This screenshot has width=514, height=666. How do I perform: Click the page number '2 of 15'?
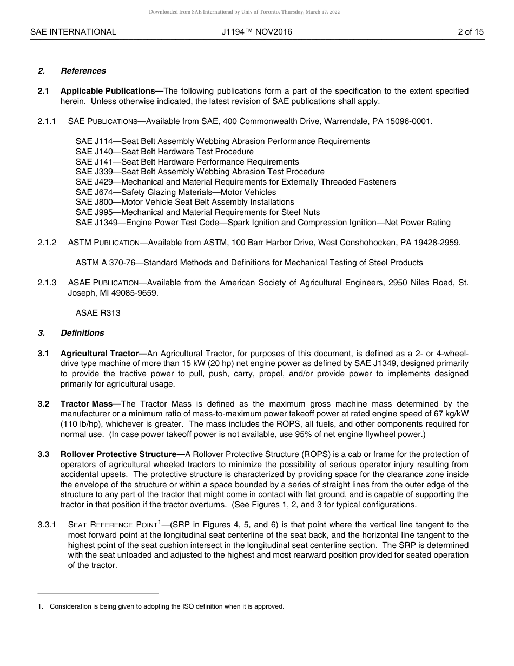tap(470, 32)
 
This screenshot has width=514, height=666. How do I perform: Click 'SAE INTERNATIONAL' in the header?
tap(73, 32)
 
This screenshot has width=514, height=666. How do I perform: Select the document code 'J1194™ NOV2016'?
tap(256, 32)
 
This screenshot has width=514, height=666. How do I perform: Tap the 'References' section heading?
tap(83, 71)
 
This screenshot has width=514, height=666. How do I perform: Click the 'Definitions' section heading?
tap(82, 333)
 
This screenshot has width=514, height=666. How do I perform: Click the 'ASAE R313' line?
tap(98, 313)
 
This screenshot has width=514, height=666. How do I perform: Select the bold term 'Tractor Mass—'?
tap(90, 404)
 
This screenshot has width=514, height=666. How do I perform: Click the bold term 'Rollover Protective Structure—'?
tap(122, 454)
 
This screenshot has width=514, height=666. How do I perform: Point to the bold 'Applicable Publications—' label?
tap(111, 91)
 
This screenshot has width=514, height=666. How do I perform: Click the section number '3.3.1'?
tap(47, 525)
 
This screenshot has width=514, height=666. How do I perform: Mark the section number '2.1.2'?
tap(47, 243)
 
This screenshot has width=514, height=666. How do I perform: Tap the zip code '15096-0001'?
tap(412, 121)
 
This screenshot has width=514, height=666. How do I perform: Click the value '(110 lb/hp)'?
tap(81, 424)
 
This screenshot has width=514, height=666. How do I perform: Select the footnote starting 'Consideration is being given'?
tap(167, 606)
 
